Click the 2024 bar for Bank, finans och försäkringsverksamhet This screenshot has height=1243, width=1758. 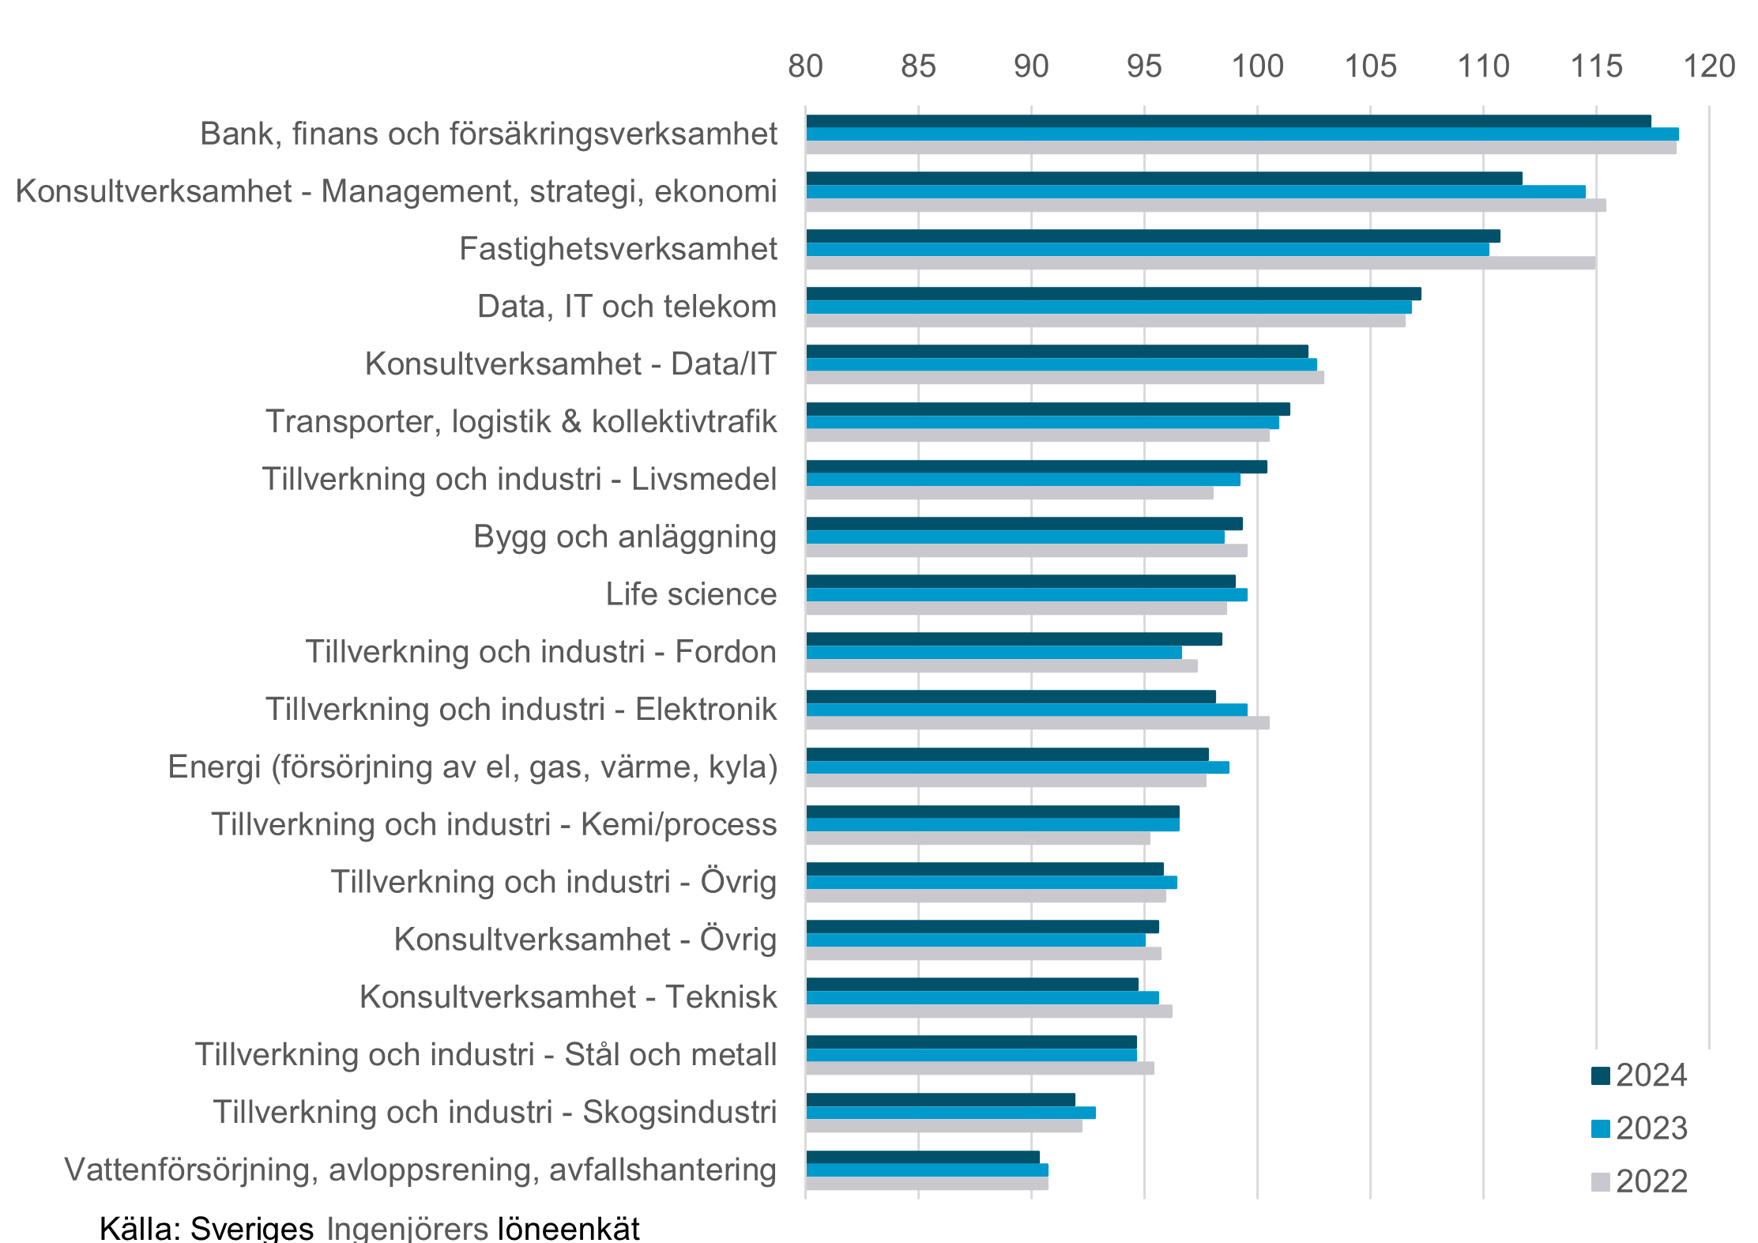[1228, 121]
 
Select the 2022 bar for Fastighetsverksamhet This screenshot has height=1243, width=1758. [1200, 263]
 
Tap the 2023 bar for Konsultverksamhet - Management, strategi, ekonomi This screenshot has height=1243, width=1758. [1195, 192]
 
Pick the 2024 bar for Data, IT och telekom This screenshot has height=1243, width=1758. [1113, 294]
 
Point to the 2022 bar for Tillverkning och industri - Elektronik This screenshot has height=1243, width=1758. [1037, 723]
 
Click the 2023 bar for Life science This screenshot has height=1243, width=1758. [1026, 595]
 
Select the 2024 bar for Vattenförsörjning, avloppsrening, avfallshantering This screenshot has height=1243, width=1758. [923, 1157]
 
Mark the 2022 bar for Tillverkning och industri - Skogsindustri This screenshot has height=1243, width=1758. [944, 1126]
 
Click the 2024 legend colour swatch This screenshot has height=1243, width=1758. [1601, 1076]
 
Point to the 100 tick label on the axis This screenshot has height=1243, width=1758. [1258, 66]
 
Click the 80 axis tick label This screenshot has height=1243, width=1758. [805, 66]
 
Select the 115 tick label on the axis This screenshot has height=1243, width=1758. [1596, 66]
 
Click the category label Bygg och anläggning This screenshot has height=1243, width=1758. [625, 537]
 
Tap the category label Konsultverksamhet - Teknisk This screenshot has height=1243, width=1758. [568, 997]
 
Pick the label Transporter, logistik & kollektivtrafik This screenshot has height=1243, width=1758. [521, 422]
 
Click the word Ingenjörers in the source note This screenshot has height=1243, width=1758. [407, 1229]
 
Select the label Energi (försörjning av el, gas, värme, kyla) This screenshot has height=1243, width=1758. [472, 767]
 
